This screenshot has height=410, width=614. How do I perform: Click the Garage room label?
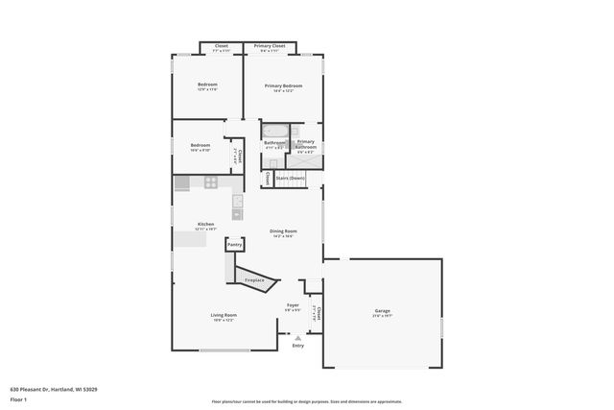pos(382,310)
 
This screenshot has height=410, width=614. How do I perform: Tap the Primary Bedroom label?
pos(283,84)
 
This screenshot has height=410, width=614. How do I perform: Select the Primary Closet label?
pos(270,46)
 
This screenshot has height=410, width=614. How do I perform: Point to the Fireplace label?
pos(255,280)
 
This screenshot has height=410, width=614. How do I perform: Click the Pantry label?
pos(234,246)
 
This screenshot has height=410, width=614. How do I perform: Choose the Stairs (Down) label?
pos(290,178)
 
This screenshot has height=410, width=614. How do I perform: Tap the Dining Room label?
pos(283,230)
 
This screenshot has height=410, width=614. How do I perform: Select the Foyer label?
pos(293,306)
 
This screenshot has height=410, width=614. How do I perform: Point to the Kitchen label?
pos(193,224)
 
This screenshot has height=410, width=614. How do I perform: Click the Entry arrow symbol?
pos(298,337)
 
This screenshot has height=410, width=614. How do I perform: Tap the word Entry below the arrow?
pos(298,346)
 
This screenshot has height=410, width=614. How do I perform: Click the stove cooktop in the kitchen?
pos(209,182)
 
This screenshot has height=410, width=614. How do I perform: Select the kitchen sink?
pos(237,214)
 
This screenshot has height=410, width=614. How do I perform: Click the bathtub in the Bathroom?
pos(274,132)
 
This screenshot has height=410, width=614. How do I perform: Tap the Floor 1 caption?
pos(19,398)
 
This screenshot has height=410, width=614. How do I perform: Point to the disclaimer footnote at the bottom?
pos(306,401)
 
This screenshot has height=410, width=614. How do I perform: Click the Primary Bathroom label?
pos(305,145)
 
